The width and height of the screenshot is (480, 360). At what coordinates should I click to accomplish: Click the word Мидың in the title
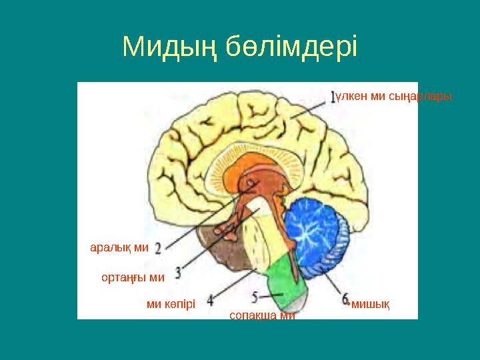tap(169, 47)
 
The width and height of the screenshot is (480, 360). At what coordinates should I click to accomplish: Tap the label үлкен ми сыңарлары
tap(394, 97)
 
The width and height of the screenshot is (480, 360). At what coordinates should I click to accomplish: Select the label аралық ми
tap(119, 247)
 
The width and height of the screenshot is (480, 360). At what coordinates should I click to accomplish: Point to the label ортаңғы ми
tap(133, 276)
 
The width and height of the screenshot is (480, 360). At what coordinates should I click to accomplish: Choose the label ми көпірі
tap(171, 304)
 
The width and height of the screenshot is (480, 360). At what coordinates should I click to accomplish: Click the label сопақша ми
tap(261, 315)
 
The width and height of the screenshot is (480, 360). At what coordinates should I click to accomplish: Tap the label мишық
tap(370, 304)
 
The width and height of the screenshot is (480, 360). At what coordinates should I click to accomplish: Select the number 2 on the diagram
tap(159, 249)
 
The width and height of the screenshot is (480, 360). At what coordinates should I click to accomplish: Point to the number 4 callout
tap(210, 301)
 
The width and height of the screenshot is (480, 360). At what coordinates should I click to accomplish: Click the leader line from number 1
tap(311, 109)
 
